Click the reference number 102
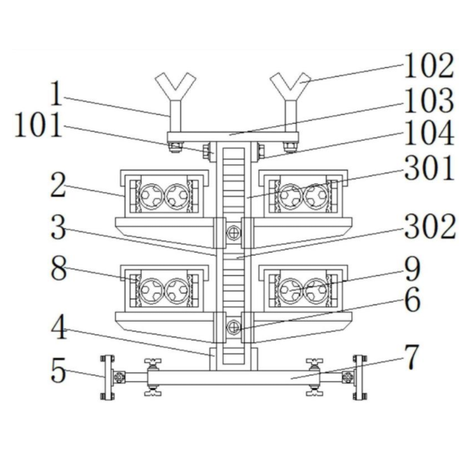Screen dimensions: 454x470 pyautogui.click(x=429, y=67)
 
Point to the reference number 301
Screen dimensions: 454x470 pyautogui.click(x=429, y=168)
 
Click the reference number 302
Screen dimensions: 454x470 pyautogui.click(x=429, y=226)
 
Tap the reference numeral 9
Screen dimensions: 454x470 pyautogui.click(x=412, y=267)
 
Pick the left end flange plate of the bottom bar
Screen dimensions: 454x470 pyautogui.click(x=107, y=377)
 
